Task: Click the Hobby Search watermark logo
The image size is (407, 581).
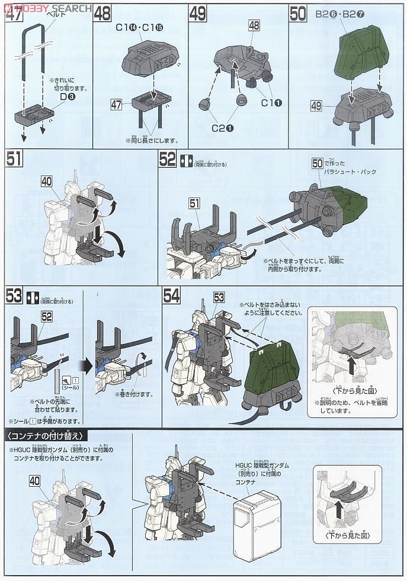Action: [47, 8]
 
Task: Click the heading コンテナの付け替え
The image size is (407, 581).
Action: [46, 436]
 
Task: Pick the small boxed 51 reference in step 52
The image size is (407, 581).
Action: [195, 204]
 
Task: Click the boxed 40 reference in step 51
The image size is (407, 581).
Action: [47, 183]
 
